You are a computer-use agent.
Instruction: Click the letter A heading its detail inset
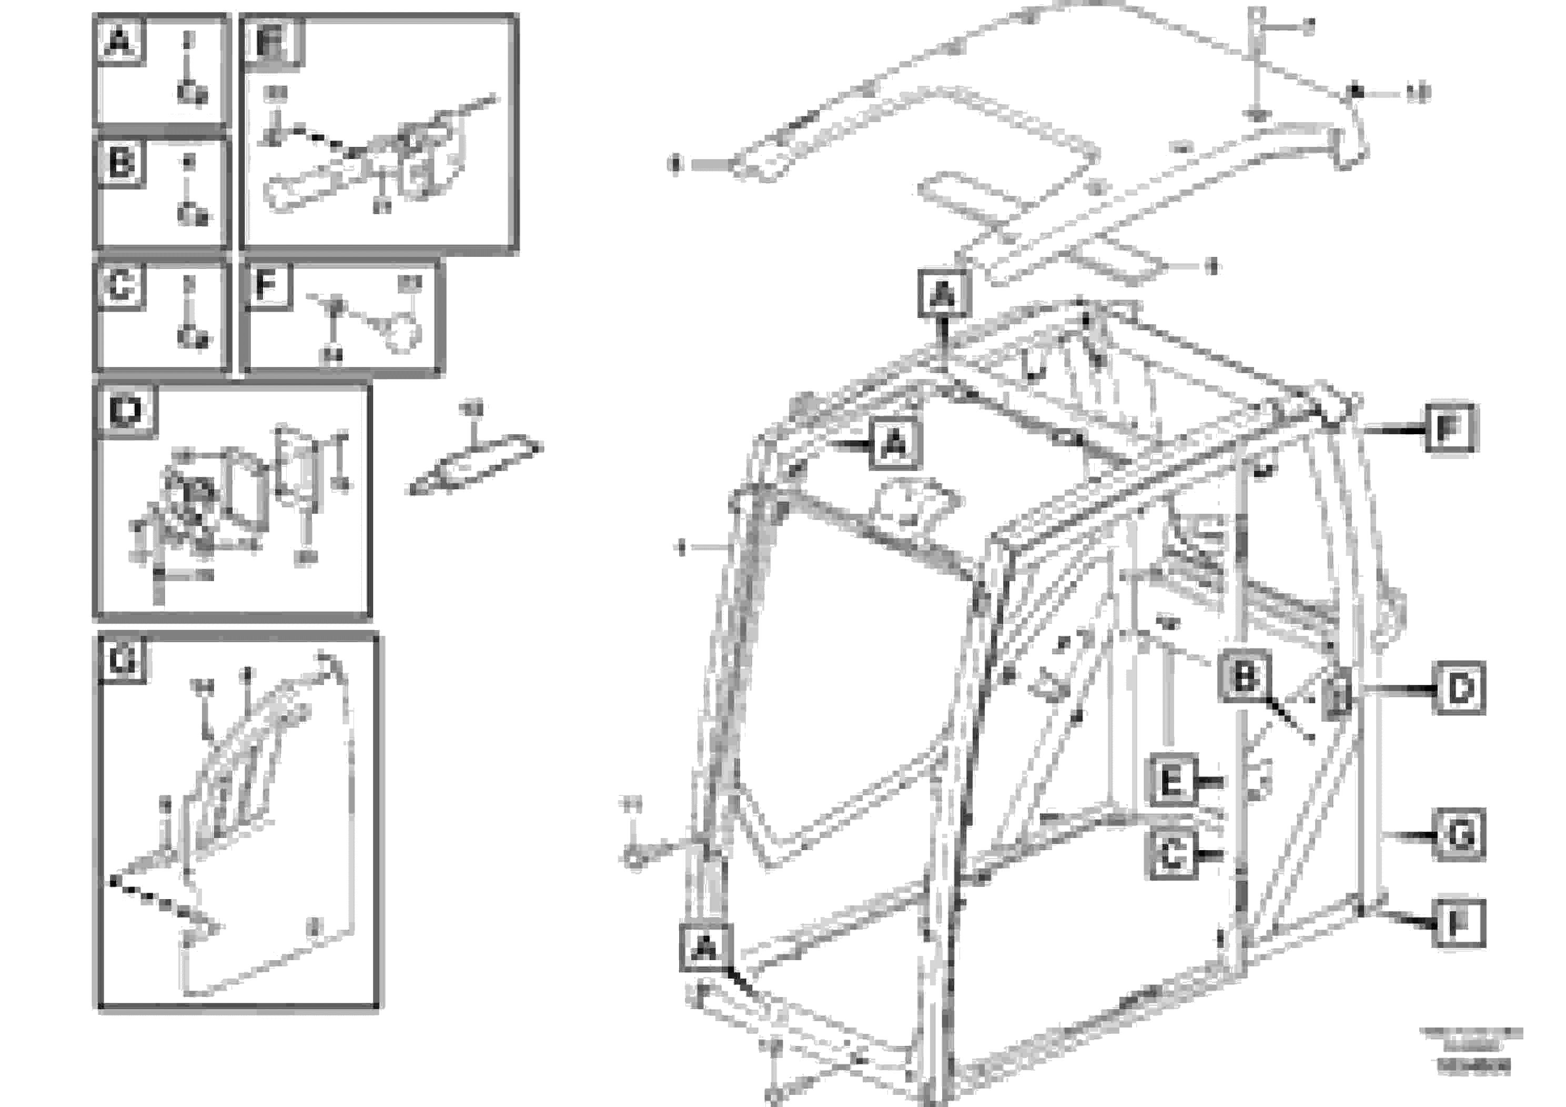[119, 42]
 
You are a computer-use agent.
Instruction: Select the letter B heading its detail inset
[120, 163]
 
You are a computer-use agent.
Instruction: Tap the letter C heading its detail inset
[120, 285]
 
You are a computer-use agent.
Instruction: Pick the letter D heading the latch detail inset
[126, 411]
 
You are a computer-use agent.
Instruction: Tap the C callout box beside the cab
[1173, 854]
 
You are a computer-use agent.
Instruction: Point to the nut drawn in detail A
[193, 92]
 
